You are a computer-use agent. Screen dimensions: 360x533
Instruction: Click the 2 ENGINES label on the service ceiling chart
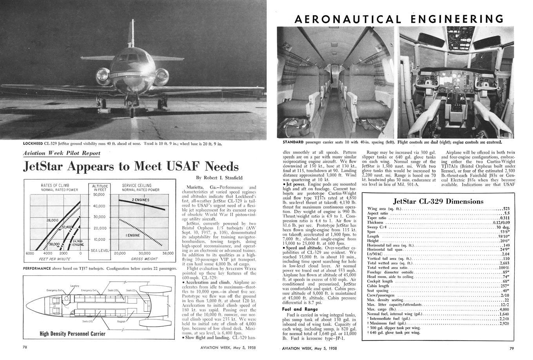140,200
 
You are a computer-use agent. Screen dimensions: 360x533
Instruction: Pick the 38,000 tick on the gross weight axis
167,253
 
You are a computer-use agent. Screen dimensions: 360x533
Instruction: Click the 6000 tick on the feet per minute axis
30,253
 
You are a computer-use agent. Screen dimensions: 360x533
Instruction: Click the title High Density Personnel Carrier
73,334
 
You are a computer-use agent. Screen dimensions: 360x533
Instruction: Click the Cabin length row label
378,286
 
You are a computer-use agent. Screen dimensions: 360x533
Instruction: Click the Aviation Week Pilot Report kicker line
62,153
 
